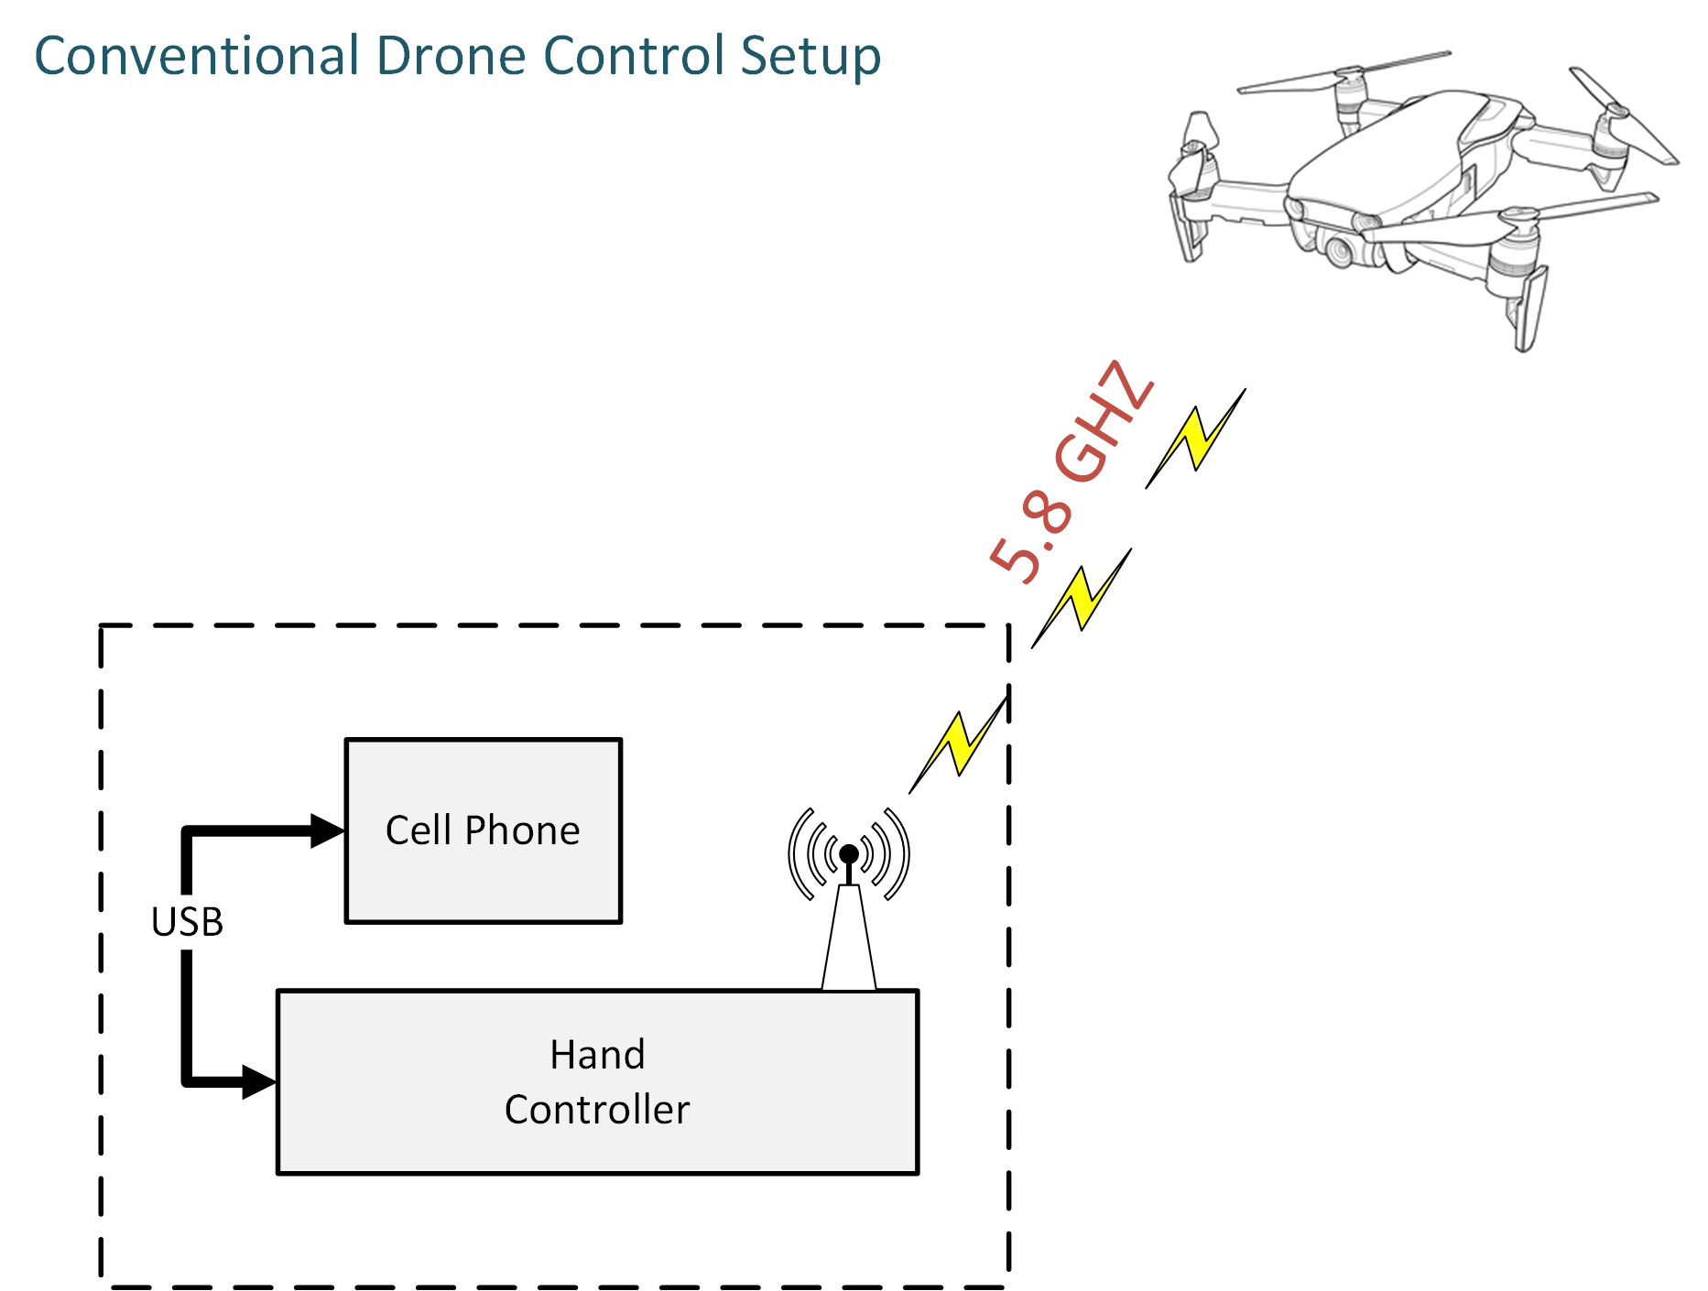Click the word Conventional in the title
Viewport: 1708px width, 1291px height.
[197, 56]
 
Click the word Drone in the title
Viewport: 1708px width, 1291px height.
[452, 56]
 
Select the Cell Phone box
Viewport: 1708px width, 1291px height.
[484, 830]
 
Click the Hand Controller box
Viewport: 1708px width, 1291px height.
[597, 1081]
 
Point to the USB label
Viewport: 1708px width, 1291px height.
[187, 922]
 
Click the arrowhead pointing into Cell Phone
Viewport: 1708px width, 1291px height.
[327, 830]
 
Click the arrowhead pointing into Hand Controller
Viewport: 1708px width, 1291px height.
[258, 1081]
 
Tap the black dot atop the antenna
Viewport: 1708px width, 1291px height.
[849, 854]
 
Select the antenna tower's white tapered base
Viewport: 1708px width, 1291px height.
[849, 938]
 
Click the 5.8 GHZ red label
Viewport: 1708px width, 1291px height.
[1071, 472]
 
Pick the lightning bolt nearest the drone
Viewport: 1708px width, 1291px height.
[1195, 439]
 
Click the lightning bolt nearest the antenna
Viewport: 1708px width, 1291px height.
[958, 743]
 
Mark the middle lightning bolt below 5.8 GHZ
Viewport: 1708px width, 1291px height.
[1082, 599]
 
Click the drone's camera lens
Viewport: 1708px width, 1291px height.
[1340, 249]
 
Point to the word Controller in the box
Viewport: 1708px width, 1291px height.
[597, 1110]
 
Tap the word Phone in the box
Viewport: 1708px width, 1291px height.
[522, 830]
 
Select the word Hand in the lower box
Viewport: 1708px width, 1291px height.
[597, 1055]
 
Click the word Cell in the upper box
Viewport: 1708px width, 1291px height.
[419, 830]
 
